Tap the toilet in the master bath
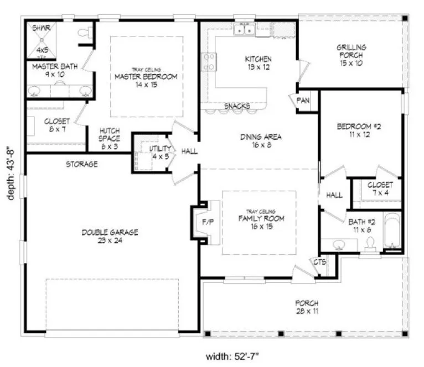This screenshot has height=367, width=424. (84, 34)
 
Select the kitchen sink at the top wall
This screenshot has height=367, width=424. (244, 30)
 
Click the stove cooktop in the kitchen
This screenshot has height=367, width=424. (209, 61)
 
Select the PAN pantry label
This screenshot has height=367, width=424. (303, 100)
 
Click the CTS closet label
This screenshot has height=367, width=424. (320, 261)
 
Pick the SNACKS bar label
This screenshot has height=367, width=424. (237, 106)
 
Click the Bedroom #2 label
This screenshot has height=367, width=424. (359, 130)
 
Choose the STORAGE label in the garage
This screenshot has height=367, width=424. (82, 164)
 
